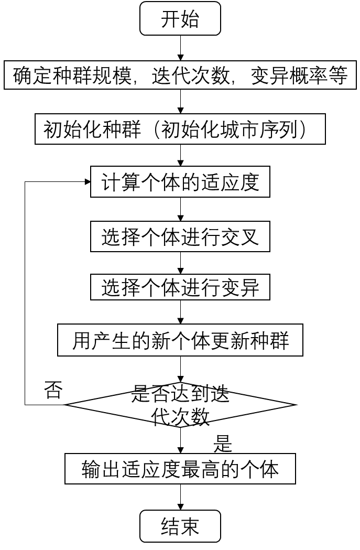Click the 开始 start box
click(x=180, y=19)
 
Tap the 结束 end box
click(x=180, y=526)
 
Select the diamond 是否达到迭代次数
click(x=180, y=405)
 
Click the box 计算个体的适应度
click(x=180, y=182)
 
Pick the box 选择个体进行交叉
click(x=180, y=237)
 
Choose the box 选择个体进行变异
click(x=180, y=287)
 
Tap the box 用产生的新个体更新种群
click(x=180, y=341)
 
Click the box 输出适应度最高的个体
click(x=180, y=469)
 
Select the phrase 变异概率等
click(x=299, y=76)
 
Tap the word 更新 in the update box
click(x=230, y=341)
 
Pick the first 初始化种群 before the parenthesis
click(x=92, y=130)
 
